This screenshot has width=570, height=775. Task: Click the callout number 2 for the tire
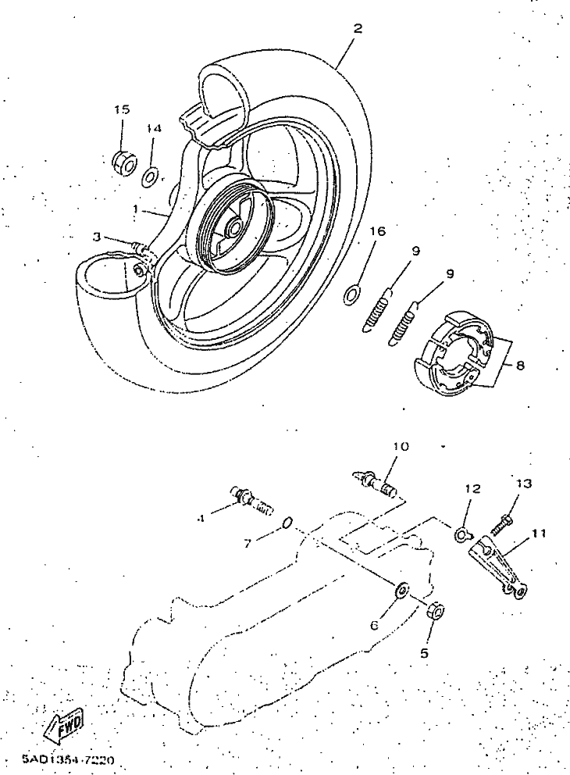357,28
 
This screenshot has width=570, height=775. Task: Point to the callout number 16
377,232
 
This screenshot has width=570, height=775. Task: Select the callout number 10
400,447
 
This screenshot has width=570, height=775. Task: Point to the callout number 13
523,484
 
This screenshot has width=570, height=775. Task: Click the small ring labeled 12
462,535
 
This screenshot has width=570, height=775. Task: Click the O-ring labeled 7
288,523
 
